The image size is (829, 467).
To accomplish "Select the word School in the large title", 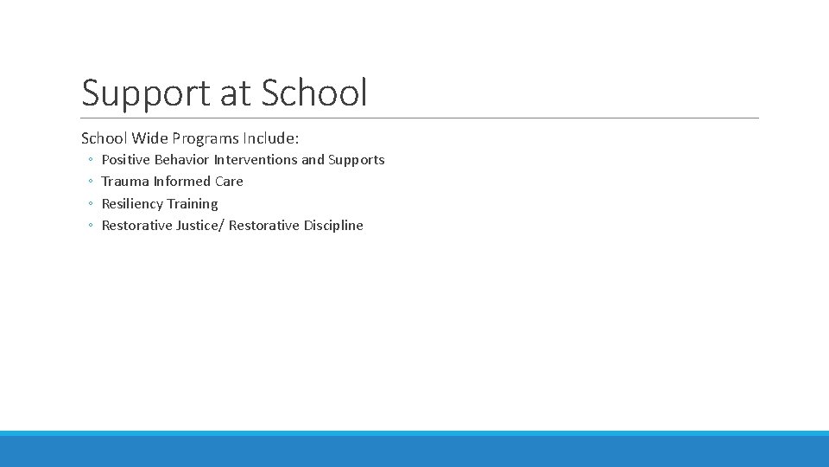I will pos(314,93).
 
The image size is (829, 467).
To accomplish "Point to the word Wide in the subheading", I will pos(149,138).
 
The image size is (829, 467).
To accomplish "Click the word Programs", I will pos(206,138).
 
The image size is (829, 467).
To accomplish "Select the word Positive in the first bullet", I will pos(126,160).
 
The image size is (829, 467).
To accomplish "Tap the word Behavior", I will pos(182,160).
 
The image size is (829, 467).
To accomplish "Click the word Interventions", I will pos(256,160).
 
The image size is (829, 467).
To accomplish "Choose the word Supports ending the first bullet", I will pos(357,160).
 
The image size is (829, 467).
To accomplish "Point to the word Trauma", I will pos(125,182).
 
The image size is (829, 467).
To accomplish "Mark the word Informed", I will pos(182,182).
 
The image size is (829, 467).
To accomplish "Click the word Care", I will pos(230,182).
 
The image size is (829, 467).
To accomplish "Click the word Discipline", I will pos(333,226).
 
